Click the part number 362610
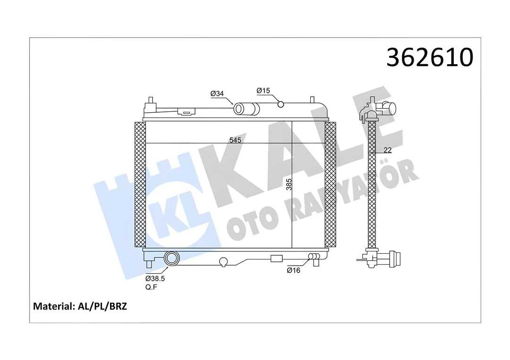[429, 58]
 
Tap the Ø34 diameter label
[217, 94]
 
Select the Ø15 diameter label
[263, 90]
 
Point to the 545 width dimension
[235, 140]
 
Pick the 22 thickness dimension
[388, 151]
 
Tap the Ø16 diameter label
[294, 270]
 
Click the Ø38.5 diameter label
[155, 278]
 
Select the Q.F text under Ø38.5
[151, 287]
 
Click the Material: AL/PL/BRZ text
[80, 306]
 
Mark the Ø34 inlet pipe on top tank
[246, 109]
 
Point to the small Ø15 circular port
[280, 104]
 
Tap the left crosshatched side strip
[140, 184]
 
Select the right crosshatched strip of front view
[330, 184]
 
